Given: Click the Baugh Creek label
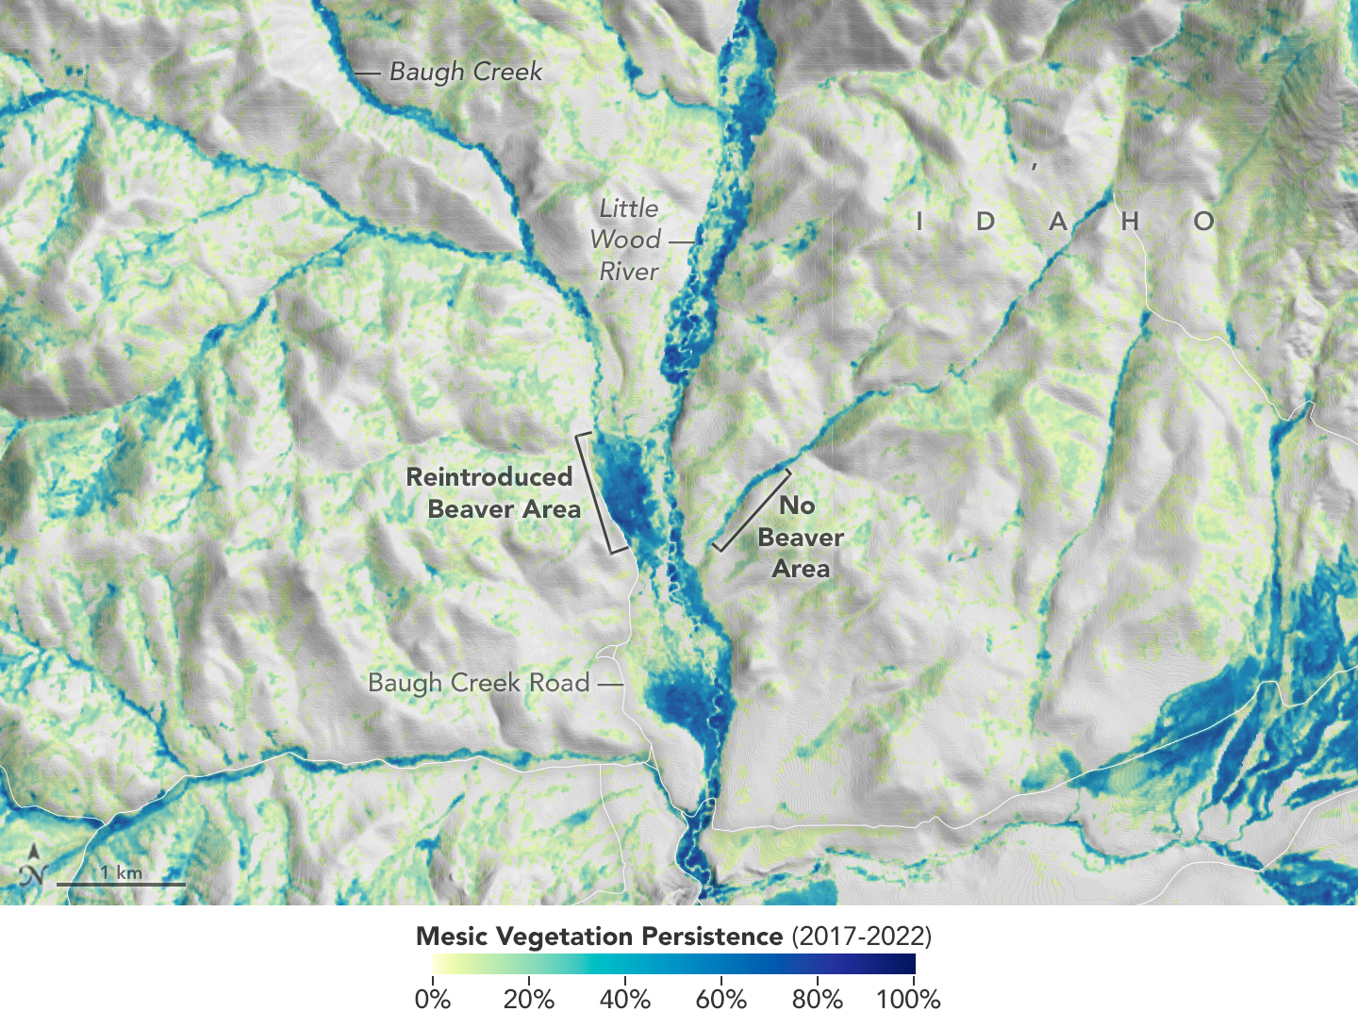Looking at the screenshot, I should click(x=466, y=72).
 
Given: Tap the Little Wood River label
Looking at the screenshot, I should click(x=628, y=240).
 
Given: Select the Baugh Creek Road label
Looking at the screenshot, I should click(x=479, y=682).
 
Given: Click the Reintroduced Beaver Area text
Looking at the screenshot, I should click(x=490, y=492).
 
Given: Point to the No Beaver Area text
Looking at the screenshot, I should click(x=801, y=537).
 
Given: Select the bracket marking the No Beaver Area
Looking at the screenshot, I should click(x=751, y=510).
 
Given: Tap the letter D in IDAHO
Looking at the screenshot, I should click(x=985, y=222).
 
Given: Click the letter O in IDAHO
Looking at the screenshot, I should click(x=1203, y=222).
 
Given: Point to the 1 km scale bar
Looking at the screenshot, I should click(x=121, y=883).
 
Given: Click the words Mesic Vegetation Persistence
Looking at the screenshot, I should click(x=599, y=937).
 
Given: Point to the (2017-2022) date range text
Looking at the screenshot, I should click(x=861, y=937).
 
